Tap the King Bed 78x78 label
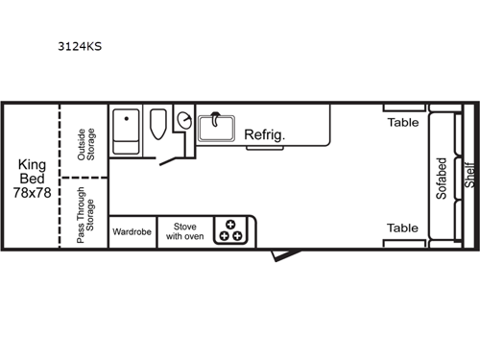click(x=33, y=178)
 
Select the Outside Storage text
click(x=85, y=144)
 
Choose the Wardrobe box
click(x=132, y=231)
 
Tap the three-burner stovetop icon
click(x=230, y=231)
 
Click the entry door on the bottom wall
click(x=281, y=253)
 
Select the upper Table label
click(x=402, y=122)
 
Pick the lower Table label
click(x=402, y=228)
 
